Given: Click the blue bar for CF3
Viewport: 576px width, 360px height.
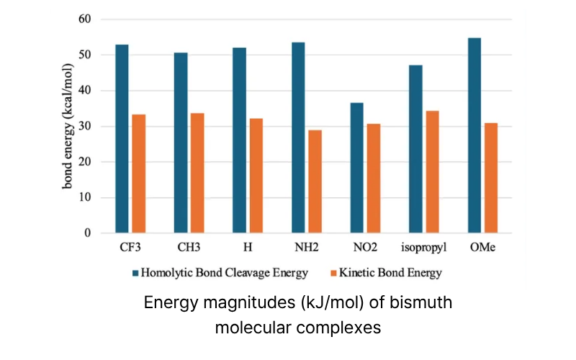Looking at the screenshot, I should point(122,139).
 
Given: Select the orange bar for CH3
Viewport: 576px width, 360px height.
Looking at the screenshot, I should point(197,173).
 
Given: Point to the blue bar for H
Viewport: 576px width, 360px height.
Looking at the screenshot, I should point(239,140).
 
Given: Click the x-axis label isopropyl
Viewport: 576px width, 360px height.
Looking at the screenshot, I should point(423,248).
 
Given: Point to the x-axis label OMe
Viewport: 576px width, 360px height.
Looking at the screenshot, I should point(482,248).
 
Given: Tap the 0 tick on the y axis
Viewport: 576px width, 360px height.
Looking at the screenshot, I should point(86,233).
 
